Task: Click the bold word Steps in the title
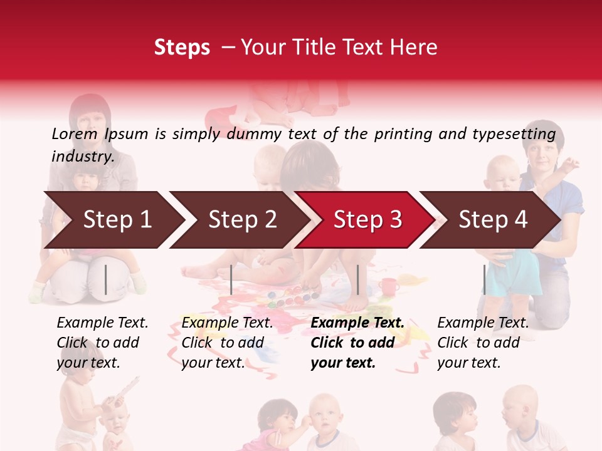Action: [182, 48]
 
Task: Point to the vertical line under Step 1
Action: [106, 279]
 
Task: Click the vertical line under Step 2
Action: [231, 279]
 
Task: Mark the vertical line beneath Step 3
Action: [357, 279]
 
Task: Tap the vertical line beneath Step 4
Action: [484, 279]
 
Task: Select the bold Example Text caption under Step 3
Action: [357, 343]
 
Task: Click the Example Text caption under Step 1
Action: [102, 343]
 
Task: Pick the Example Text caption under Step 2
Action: [227, 343]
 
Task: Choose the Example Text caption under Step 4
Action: [483, 343]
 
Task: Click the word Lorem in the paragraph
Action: [74, 133]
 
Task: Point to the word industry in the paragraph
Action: [82, 157]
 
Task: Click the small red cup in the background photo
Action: [389, 286]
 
